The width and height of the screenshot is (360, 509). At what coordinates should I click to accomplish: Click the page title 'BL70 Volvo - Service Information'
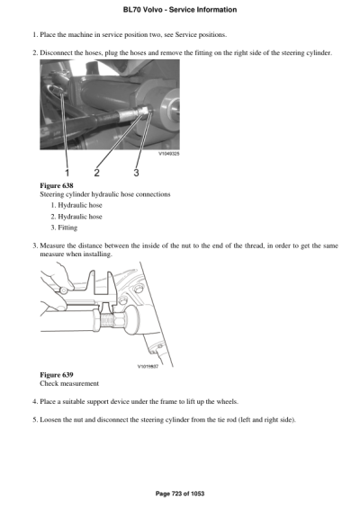(x=179, y=9)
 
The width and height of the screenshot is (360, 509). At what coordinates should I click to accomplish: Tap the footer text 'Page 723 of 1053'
(x=179, y=493)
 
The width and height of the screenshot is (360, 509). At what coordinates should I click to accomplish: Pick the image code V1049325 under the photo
(x=165, y=154)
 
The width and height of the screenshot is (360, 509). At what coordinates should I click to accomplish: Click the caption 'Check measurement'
(x=69, y=383)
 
